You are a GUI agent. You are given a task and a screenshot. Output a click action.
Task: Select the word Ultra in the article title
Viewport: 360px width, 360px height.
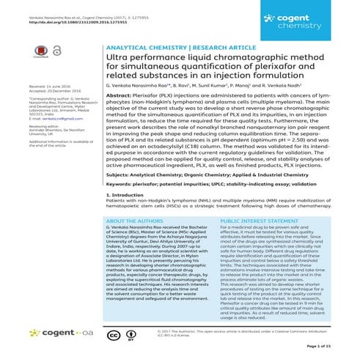click(119, 56)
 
